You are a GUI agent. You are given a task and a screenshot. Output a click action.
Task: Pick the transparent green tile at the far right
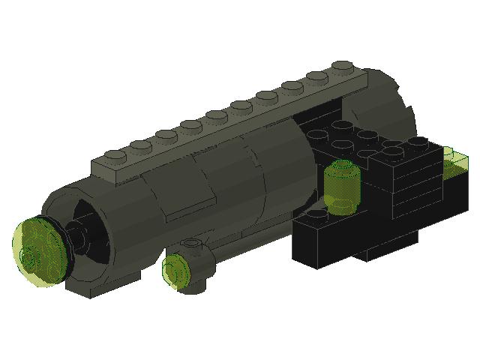click(x=454, y=161)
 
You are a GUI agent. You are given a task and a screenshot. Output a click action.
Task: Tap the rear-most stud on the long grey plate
click(x=341, y=66)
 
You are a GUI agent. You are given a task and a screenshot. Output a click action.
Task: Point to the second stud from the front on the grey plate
click(x=140, y=146)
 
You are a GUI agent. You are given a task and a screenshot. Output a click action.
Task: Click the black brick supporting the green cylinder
click(x=330, y=236)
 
